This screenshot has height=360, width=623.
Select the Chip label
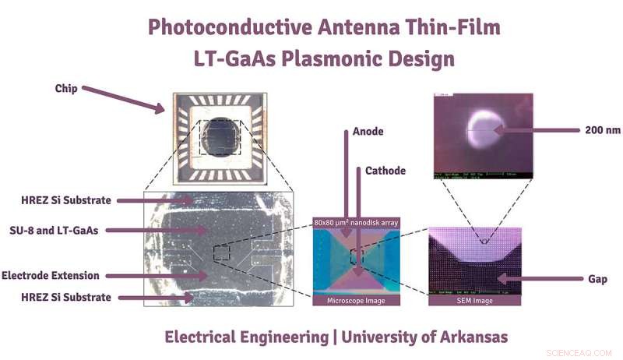point(66,87)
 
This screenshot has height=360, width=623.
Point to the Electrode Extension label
point(51,275)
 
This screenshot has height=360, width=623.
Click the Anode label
point(368,132)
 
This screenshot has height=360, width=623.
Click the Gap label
point(598,278)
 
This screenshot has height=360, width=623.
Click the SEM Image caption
point(474,300)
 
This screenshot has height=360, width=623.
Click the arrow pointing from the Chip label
point(125,99)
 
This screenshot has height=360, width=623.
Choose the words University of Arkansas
point(424,337)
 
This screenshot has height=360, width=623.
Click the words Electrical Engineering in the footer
point(245,337)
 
